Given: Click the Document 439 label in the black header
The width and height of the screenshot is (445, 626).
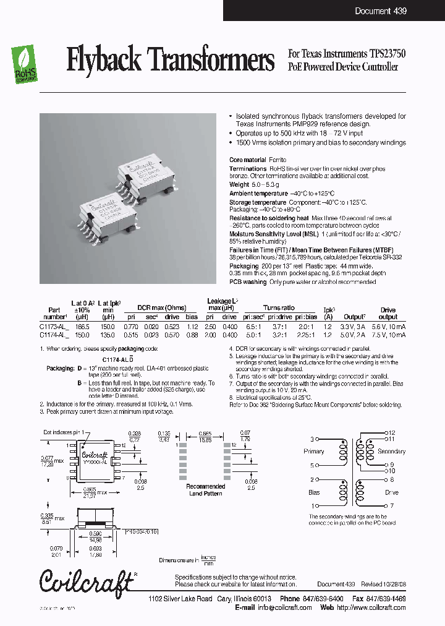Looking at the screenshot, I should [x=381, y=11].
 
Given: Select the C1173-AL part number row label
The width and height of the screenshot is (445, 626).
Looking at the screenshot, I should [x=54, y=326].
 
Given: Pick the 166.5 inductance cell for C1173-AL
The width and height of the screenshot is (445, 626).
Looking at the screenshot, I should [x=82, y=326].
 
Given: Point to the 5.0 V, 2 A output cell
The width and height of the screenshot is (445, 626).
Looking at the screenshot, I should [x=355, y=335].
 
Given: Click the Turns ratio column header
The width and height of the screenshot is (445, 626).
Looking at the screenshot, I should [x=279, y=307].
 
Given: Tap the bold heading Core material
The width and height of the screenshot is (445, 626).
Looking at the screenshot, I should [x=248, y=160].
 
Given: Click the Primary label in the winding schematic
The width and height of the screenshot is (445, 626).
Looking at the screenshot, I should [x=314, y=452].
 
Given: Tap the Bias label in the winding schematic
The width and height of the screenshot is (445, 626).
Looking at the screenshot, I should [x=314, y=493].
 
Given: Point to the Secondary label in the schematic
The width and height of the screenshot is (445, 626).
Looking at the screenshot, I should [x=391, y=452].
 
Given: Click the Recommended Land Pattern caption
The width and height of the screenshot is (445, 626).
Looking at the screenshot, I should [x=206, y=490].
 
